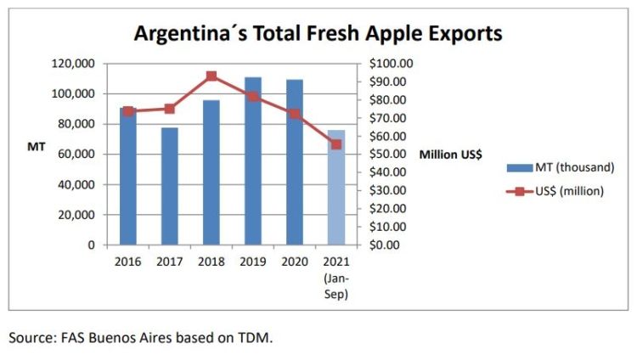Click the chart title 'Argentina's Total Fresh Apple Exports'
click(x=318, y=33)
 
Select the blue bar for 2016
click(x=128, y=178)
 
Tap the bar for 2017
click(x=170, y=187)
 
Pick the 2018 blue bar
click(x=211, y=174)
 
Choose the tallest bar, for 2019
click(x=253, y=161)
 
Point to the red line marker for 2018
click(x=211, y=76)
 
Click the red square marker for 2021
click(x=336, y=144)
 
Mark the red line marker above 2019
click(x=253, y=97)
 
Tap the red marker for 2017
click(x=170, y=109)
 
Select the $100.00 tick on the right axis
click(x=391, y=64)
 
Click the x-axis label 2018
click(x=211, y=260)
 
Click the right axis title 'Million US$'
click(x=451, y=155)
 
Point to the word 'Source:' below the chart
click(x=34, y=338)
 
